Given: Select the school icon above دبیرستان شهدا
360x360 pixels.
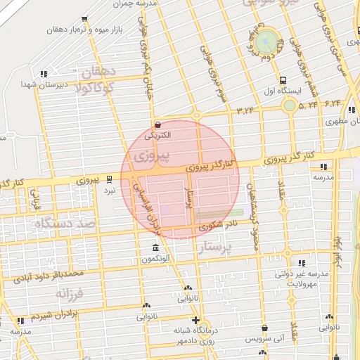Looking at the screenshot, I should pyautogui.click(x=44, y=73).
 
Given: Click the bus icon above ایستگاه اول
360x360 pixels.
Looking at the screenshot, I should pyautogui.click(x=283, y=79).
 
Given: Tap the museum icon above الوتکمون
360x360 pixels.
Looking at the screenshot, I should pyautogui.click(x=155, y=248).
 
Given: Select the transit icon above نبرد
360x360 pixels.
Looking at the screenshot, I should pyautogui.click(x=109, y=179).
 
